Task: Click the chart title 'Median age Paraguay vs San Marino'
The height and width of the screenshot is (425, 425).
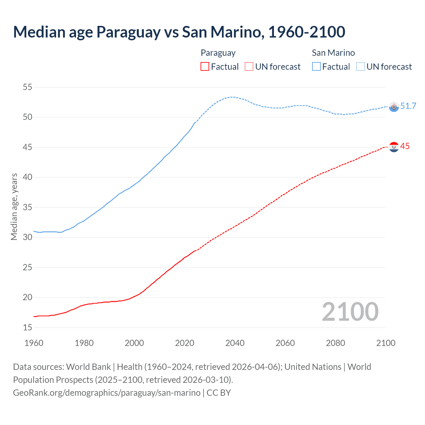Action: (x=179, y=32)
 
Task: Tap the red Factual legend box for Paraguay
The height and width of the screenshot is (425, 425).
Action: (x=205, y=67)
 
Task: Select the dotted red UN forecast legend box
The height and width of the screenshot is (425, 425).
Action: (x=249, y=67)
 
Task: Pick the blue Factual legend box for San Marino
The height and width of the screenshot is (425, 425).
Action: (x=316, y=67)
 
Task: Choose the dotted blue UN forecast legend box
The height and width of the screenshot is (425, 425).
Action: (x=361, y=67)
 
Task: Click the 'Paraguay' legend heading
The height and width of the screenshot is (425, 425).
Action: (x=218, y=53)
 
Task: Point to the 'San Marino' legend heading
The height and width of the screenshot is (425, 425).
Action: (x=333, y=53)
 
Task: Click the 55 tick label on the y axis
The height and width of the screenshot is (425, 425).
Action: (x=28, y=87)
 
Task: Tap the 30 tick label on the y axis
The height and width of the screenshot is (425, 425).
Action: (x=28, y=237)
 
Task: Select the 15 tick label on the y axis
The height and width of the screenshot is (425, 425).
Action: (x=28, y=328)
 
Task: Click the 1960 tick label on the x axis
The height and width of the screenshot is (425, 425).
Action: (x=34, y=343)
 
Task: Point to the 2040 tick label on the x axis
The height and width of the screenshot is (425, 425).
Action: (x=235, y=343)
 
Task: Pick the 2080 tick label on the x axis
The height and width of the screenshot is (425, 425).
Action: (x=335, y=343)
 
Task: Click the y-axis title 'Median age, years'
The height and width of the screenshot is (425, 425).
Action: (x=14, y=207)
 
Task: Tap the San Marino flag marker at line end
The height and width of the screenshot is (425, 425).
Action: (x=394, y=107)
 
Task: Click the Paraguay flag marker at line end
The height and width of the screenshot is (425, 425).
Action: (x=394, y=147)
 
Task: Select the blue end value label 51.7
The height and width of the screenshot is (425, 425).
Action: (x=408, y=106)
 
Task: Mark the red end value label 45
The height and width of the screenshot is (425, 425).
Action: (x=405, y=146)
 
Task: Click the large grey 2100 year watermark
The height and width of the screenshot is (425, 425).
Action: (x=350, y=312)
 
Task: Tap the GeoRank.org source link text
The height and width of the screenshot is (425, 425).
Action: (x=107, y=393)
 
